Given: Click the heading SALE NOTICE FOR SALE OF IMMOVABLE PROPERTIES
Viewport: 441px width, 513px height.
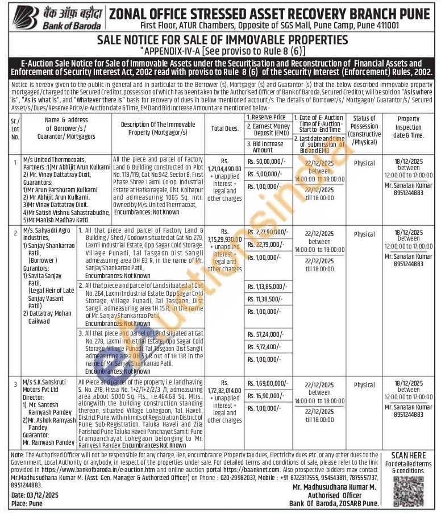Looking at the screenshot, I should [222, 39].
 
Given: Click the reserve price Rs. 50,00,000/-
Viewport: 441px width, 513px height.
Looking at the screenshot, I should [267, 163].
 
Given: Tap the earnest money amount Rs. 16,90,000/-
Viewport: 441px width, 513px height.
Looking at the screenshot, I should [267, 396].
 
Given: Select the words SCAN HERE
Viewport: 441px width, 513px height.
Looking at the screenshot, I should [408, 456].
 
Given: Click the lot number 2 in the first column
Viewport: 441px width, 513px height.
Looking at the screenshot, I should [15, 233].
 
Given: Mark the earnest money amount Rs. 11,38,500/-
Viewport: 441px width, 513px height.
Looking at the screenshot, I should [267, 298].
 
